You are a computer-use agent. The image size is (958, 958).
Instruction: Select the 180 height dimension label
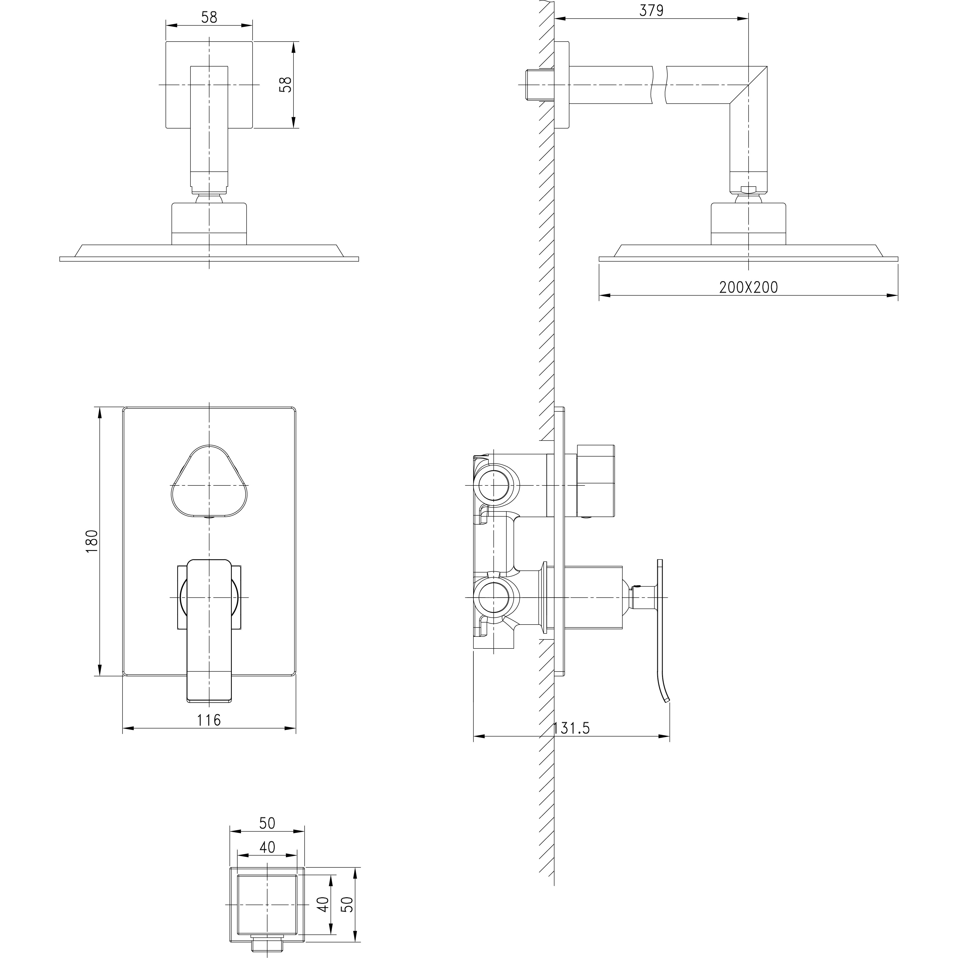point(92,542)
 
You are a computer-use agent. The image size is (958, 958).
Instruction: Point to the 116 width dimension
point(209,720)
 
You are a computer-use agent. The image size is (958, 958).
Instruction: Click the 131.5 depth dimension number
point(571,729)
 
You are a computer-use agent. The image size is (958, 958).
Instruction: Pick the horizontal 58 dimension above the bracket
point(209,17)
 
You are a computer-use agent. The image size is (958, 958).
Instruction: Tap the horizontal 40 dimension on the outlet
point(267,847)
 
